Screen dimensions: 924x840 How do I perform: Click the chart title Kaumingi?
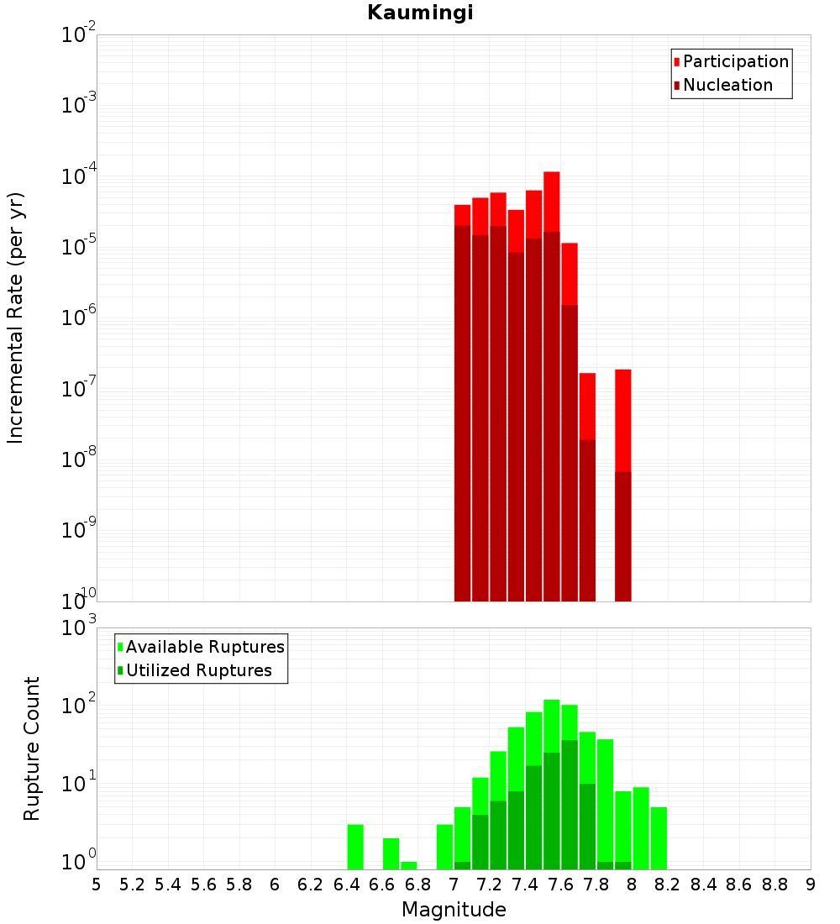point(420,13)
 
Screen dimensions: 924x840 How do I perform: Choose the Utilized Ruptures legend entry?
point(198,670)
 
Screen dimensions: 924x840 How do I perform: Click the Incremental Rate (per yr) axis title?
point(16,318)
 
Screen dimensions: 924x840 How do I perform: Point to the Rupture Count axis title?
point(32,748)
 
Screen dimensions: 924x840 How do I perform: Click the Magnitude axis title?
point(454,909)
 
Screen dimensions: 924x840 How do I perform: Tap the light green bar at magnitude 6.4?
point(355,847)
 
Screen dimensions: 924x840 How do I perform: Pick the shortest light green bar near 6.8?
point(409,865)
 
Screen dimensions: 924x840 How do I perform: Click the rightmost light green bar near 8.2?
point(659,837)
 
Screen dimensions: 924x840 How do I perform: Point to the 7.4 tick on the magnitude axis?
point(525,885)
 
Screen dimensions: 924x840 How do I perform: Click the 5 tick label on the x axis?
point(97,885)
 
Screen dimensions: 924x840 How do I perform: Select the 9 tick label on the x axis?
point(811,885)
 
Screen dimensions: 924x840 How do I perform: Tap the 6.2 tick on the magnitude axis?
point(311,885)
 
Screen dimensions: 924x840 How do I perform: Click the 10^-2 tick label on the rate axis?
point(79,35)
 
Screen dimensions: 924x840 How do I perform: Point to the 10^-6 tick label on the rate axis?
point(79,318)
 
